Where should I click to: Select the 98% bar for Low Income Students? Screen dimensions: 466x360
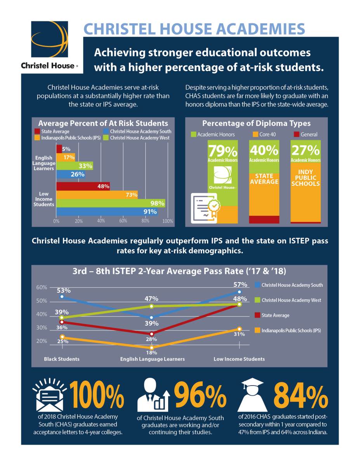click(x=111, y=203)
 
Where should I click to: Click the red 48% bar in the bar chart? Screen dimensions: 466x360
click(x=83, y=186)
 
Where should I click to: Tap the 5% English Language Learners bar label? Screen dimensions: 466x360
click(x=66, y=148)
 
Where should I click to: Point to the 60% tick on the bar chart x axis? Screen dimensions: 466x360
click(x=123, y=221)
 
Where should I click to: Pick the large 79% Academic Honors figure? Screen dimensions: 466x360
click(x=223, y=150)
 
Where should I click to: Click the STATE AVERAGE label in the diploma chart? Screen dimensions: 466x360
click(x=264, y=179)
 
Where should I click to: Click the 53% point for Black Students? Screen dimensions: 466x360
click(x=62, y=297)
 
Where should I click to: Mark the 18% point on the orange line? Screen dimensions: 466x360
click(x=152, y=347)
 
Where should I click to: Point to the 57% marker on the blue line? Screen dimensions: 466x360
click(x=239, y=292)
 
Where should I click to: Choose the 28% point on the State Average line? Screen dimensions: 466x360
click(x=152, y=334)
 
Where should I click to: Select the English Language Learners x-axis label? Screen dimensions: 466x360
click(x=152, y=359)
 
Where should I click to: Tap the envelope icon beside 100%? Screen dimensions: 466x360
click(x=49, y=398)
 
